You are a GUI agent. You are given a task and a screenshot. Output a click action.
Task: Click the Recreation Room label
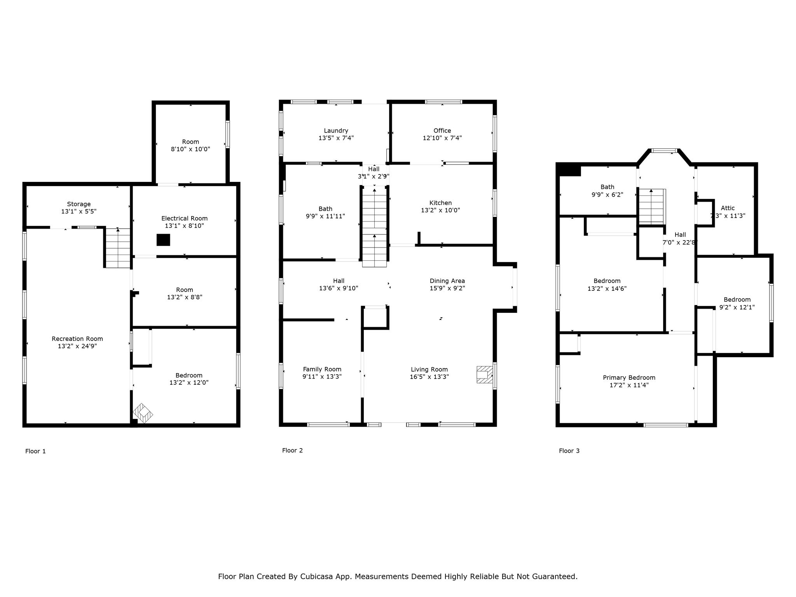[x=77, y=339]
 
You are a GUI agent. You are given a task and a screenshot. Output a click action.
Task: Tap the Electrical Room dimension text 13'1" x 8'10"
[x=185, y=226]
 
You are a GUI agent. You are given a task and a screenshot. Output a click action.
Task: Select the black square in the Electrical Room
[x=163, y=240]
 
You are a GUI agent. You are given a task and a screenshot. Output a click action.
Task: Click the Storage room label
[x=79, y=204]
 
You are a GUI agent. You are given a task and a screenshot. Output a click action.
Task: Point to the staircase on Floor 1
[x=118, y=248]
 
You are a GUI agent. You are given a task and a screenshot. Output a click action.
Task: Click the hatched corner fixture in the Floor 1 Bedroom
[x=143, y=413]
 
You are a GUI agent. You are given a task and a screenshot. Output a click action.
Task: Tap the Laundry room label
[x=336, y=131]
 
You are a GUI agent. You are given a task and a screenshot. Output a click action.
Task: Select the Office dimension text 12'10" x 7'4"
[x=442, y=138]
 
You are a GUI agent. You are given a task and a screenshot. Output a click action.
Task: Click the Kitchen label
[x=440, y=203]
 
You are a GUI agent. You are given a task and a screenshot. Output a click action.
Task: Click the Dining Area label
[x=447, y=281]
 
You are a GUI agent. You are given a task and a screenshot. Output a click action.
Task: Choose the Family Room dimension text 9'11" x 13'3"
[x=322, y=377]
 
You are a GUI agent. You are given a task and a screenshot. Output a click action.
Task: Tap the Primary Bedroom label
[x=629, y=378]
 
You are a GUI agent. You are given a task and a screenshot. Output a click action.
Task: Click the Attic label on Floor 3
[x=728, y=208]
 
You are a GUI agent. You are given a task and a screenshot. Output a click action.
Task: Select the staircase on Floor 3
[x=651, y=206]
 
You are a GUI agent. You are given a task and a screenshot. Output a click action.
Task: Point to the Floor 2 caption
[x=292, y=450]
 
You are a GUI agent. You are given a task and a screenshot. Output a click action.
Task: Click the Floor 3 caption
[x=569, y=451]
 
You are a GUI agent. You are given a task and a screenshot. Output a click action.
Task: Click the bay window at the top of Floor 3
[x=664, y=151]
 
